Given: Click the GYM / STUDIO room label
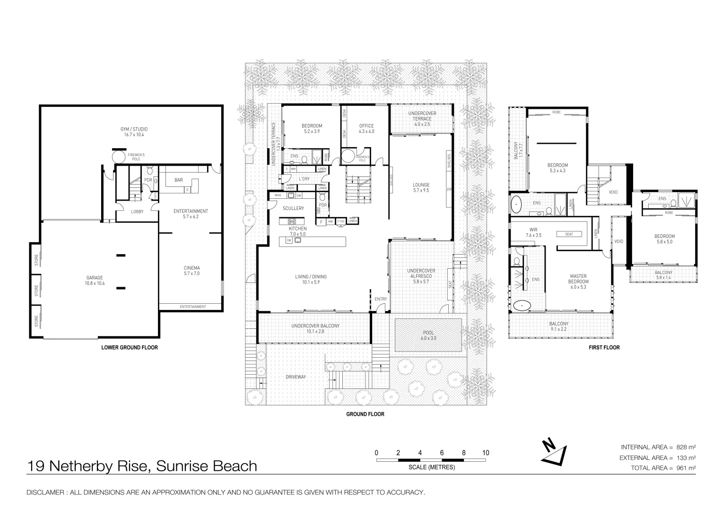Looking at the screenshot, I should (x=133, y=129).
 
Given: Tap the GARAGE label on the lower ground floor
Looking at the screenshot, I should (x=94, y=278).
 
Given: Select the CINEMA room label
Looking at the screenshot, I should (x=191, y=268).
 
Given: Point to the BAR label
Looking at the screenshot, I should (x=179, y=180).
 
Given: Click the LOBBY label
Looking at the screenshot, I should (x=137, y=211).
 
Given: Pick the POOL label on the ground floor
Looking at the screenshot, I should (x=427, y=333).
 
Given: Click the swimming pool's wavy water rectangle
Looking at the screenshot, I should (x=428, y=343).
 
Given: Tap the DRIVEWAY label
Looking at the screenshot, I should (x=296, y=377).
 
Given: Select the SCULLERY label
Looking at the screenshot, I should (x=293, y=208).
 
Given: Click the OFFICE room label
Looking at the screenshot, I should (x=366, y=126).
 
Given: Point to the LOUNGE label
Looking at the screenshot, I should (x=421, y=185).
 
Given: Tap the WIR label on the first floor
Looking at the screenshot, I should (x=533, y=229).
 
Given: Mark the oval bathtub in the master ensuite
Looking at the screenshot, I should (x=522, y=306).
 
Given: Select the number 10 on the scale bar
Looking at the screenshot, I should (x=486, y=453).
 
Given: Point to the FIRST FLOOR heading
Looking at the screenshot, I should (x=604, y=347).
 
